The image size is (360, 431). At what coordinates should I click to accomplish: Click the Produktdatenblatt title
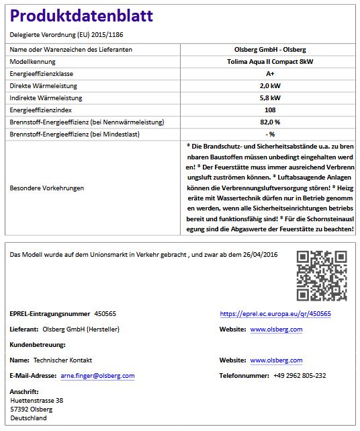81,15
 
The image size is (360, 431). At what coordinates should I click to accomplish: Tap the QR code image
322,275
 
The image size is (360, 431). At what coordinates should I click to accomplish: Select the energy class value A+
269,73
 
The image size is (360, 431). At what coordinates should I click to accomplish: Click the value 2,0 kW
269,85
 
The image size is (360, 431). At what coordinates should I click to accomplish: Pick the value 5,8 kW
269,97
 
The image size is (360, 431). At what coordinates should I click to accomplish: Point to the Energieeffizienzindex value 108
269,110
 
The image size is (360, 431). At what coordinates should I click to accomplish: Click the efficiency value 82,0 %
269,122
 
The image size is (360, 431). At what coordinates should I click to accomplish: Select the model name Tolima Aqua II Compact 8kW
269,61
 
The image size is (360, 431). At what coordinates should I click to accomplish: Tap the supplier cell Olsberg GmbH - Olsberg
269,49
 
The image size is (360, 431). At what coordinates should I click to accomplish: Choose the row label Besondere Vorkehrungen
47,188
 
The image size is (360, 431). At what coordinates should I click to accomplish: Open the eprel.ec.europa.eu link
275,314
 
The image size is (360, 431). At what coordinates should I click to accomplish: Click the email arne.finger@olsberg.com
97,375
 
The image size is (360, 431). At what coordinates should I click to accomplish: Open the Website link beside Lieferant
276,329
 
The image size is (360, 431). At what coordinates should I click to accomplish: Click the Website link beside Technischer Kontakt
276,360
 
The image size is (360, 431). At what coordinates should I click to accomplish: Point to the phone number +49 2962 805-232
300,375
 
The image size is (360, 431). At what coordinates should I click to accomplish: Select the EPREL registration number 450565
105,314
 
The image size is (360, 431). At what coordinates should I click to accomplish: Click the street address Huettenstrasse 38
37,400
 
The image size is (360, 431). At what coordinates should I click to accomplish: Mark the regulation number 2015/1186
106,34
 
